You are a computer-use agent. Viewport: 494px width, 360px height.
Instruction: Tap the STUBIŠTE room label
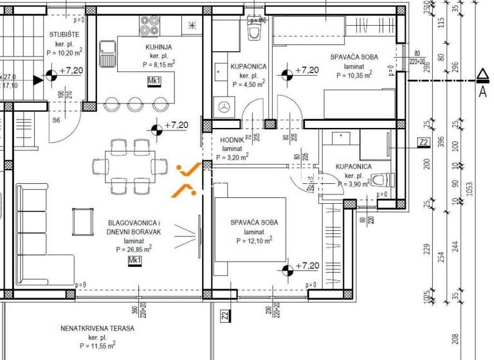[x=64, y=35]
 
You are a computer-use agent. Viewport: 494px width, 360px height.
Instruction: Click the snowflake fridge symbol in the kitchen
[x=192, y=25]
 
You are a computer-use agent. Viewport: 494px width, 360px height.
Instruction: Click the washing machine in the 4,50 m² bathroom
[x=224, y=107]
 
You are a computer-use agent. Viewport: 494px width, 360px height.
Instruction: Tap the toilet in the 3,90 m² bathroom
[x=380, y=181]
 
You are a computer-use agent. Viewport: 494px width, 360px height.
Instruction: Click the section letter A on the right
[x=482, y=92]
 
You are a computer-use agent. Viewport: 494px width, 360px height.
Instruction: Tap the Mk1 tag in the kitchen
[x=154, y=81]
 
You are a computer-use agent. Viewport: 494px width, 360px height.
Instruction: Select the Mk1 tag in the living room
[x=134, y=260]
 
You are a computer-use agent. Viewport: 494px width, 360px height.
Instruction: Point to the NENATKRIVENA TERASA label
[x=98, y=328]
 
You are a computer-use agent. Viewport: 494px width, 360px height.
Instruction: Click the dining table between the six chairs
[x=131, y=166]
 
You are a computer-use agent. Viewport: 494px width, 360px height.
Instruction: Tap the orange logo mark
[x=187, y=179]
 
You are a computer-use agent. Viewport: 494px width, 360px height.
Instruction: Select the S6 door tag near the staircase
[x=56, y=120]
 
